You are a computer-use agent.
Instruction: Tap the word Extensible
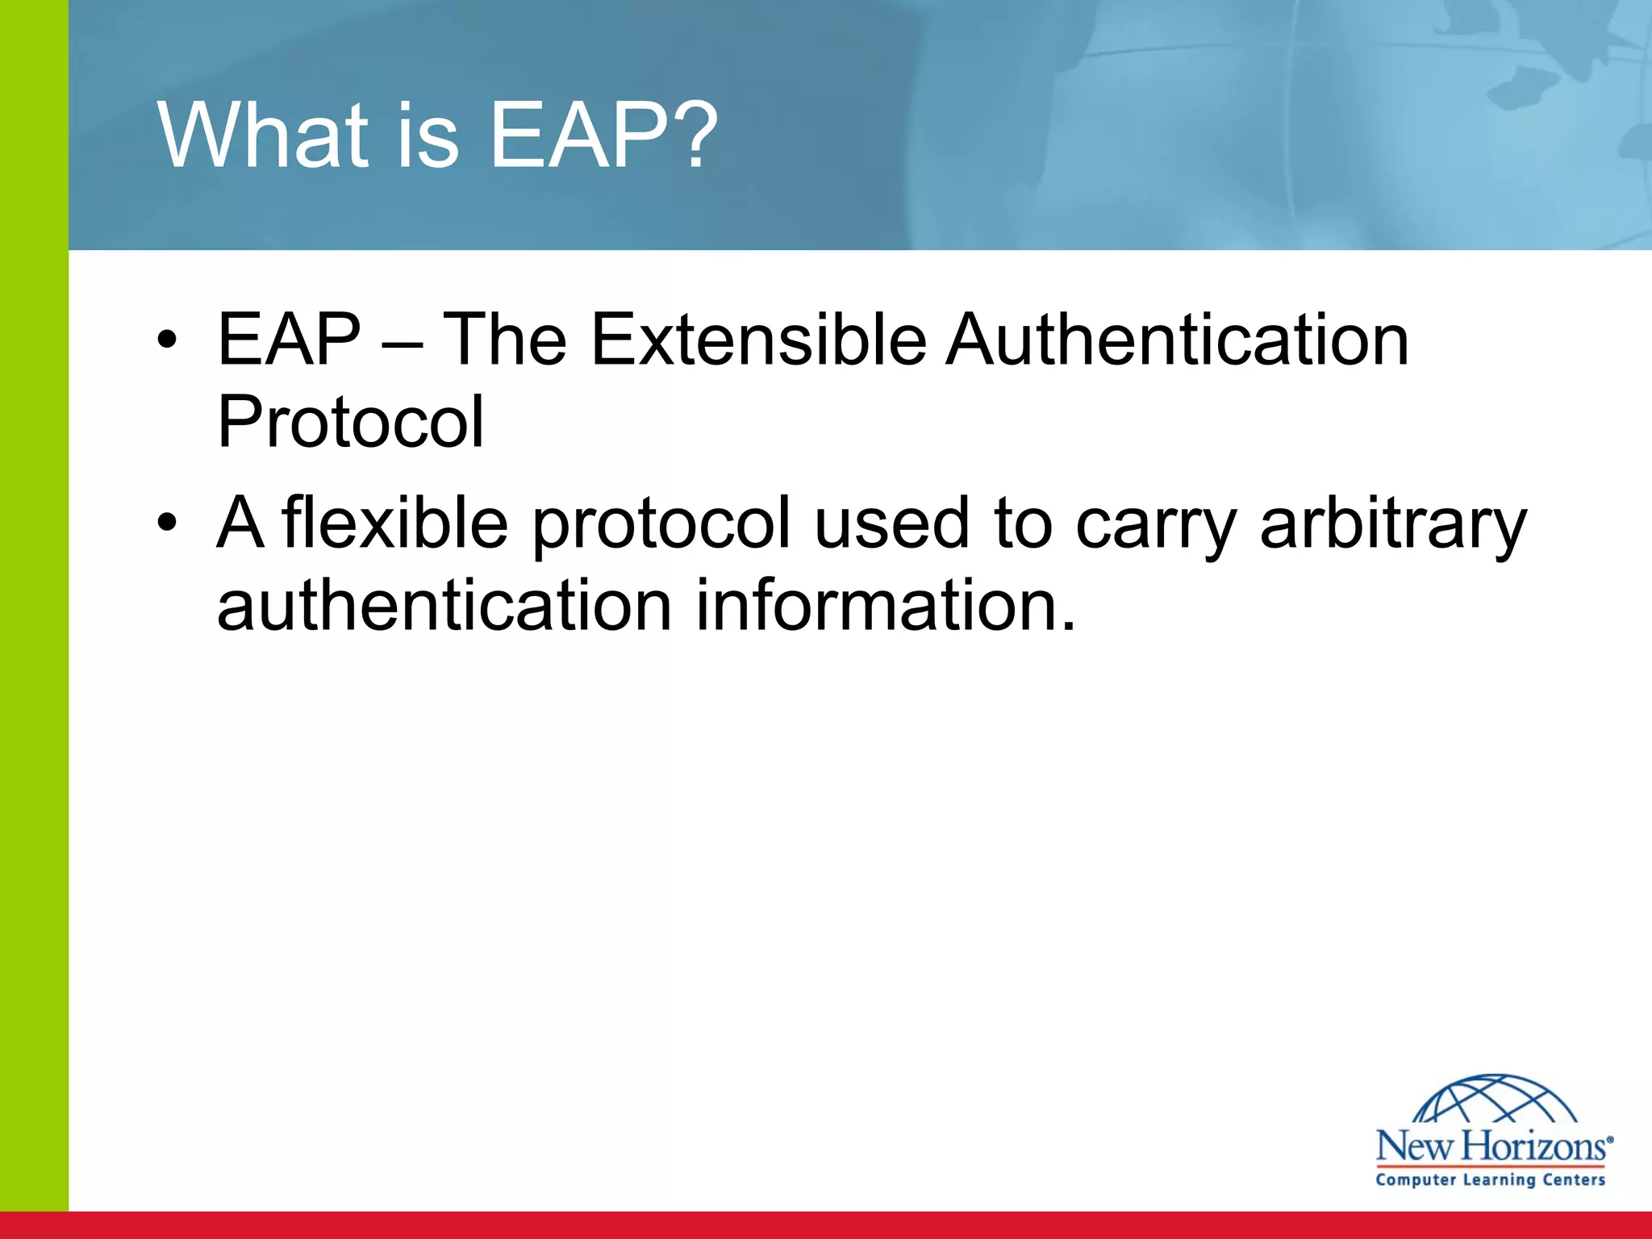coord(758,340)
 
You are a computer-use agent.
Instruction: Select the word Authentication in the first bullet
coord(1178,340)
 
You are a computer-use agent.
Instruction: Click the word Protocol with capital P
coord(350,423)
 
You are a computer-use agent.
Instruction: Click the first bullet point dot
coord(167,340)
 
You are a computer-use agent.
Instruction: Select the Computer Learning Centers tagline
coord(1491,1180)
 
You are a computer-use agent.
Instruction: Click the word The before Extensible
coord(506,340)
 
